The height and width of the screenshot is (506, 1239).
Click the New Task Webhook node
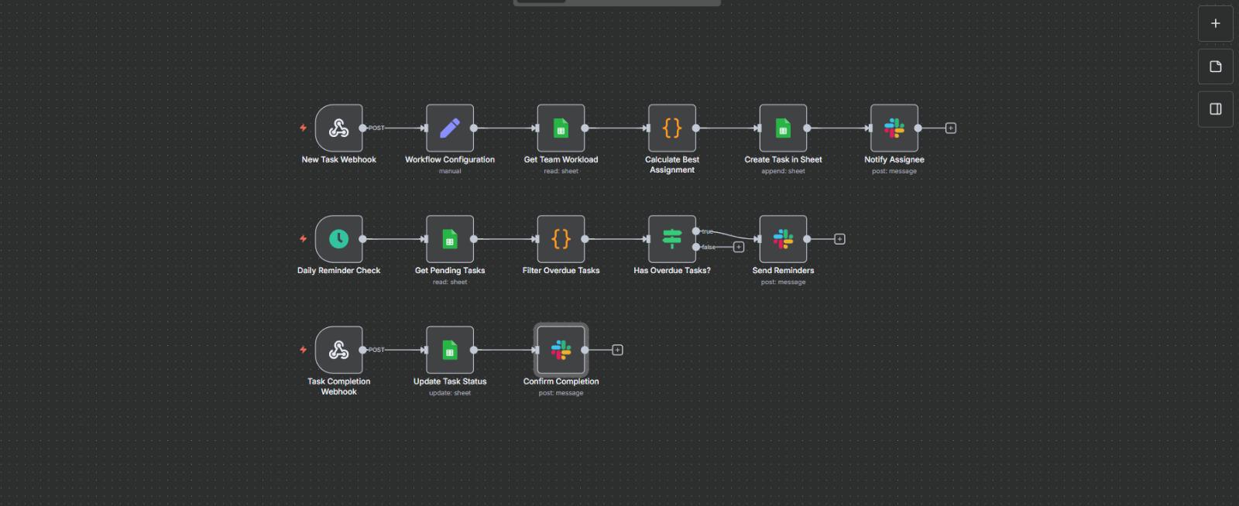point(338,128)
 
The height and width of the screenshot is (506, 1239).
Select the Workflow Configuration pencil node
point(450,128)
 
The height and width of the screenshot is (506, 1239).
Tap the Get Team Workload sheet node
point(561,128)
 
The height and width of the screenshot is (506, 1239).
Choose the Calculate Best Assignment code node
point(672,128)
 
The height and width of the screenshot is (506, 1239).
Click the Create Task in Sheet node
point(783,128)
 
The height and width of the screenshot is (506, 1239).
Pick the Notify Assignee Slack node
point(894,128)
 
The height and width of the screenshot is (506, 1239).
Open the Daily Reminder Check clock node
point(338,239)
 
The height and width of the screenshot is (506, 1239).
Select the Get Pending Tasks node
point(450,239)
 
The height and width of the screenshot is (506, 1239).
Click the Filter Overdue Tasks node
point(561,239)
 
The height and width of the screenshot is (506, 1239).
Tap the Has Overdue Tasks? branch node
point(672,239)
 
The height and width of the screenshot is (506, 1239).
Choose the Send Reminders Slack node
point(783,239)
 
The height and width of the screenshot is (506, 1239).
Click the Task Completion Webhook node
point(338,350)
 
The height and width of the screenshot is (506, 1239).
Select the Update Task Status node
point(450,350)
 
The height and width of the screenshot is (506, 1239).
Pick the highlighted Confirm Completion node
point(561,350)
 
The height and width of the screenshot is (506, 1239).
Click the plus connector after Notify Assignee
point(951,128)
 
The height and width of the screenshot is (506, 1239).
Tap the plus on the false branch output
point(739,248)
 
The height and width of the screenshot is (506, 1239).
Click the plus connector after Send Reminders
point(839,239)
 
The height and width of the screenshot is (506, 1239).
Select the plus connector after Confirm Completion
point(617,350)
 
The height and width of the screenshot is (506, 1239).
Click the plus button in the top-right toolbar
point(1216,24)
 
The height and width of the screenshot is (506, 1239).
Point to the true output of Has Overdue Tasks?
point(696,231)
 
